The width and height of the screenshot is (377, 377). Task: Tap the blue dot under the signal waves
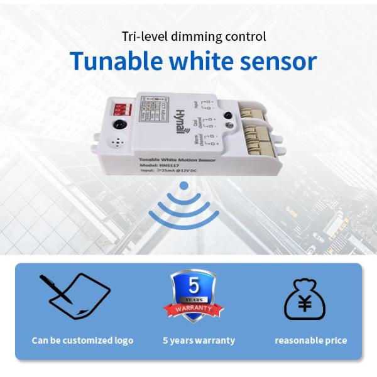[183, 186]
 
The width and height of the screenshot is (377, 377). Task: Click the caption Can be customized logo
[82, 341]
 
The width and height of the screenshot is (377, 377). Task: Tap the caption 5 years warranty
[199, 341]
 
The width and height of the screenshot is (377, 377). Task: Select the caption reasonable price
[310, 341]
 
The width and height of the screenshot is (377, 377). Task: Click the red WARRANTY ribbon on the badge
[194, 309]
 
